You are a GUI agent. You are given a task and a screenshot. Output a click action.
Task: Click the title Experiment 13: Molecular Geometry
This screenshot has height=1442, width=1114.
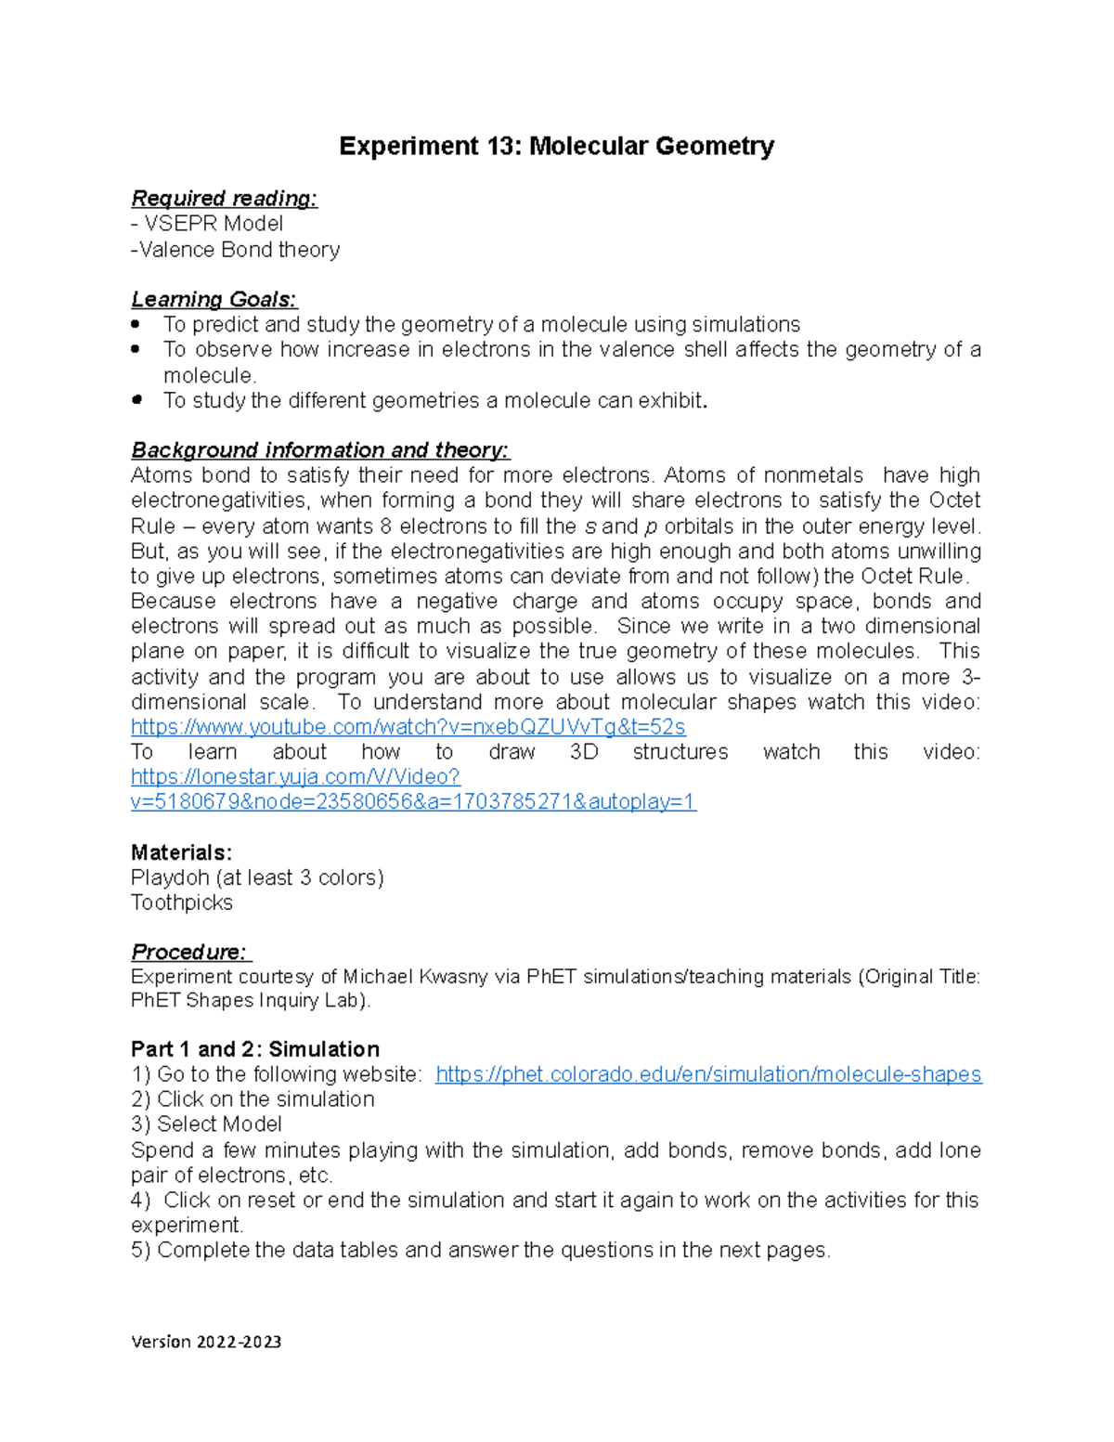point(556,147)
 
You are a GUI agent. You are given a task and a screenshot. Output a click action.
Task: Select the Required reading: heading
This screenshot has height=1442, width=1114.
point(224,199)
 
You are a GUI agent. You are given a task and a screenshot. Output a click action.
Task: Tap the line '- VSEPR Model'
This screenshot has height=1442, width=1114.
point(207,224)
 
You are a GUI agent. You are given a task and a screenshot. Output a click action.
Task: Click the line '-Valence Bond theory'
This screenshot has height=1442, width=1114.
point(236,250)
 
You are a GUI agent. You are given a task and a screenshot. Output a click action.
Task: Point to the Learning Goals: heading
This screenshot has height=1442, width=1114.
point(214,300)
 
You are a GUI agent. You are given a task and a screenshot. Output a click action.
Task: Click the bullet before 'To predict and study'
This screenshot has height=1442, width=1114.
point(137,324)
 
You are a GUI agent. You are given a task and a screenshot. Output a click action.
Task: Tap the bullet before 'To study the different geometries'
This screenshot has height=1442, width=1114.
point(137,400)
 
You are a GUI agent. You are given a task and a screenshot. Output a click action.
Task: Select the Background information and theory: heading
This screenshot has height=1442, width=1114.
point(320,450)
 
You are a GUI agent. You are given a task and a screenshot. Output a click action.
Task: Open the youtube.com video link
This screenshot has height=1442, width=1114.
point(408,726)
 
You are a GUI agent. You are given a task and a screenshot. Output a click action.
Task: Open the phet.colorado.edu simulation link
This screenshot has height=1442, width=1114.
point(707,1074)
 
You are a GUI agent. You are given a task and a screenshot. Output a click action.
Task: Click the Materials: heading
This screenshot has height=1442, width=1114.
point(181,852)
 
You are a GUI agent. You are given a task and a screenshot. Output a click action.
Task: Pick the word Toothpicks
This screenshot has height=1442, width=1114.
point(182,903)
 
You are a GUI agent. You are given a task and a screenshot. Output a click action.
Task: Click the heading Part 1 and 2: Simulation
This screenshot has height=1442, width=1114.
point(255,1049)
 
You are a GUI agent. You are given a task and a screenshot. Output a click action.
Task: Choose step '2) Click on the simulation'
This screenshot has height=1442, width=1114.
point(253,1099)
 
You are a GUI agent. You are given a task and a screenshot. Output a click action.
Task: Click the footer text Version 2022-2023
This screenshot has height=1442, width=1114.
point(206,1342)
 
